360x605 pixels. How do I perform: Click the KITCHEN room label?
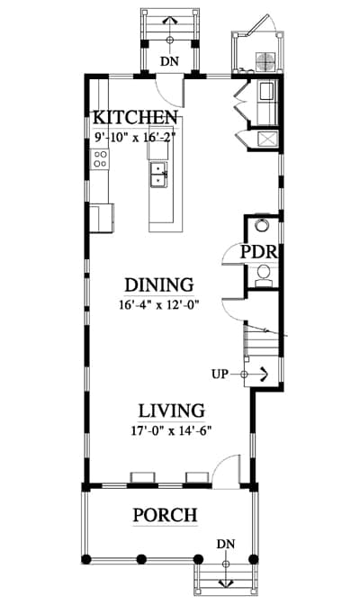coord(135,117)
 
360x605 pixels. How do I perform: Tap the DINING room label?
coord(159,284)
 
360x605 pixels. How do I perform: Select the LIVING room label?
coord(172,411)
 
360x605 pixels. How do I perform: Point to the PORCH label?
coord(165,515)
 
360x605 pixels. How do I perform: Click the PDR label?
coord(259,252)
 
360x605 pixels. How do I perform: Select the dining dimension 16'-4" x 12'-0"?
coord(158,305)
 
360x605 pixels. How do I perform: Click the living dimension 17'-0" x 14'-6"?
coord(172,430)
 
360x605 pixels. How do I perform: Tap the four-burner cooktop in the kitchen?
coord(100,159)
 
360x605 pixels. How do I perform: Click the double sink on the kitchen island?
coord(158,175)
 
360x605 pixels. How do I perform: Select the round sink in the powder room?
coord(263,224)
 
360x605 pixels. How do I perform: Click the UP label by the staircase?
coord(220,374)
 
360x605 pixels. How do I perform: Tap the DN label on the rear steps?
coord(170,61)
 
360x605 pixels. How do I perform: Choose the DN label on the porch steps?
coord(226,544)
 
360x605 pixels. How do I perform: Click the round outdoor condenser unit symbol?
coord(265,62)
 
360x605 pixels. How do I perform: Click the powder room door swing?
coord(231,254)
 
